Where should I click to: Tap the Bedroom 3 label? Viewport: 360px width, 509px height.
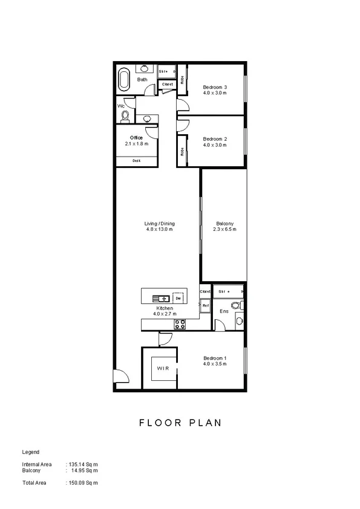214,87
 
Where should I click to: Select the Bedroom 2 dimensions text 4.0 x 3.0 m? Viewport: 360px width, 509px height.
214,144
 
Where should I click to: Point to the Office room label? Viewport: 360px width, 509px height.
136,138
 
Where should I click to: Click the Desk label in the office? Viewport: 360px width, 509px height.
137,161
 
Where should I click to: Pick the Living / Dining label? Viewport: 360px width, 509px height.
160,224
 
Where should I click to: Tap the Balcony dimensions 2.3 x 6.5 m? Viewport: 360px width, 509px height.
224,230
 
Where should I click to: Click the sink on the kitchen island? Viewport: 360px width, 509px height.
162,298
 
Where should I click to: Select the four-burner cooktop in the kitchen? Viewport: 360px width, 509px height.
180,324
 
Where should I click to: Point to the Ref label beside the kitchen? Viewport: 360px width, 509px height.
206,306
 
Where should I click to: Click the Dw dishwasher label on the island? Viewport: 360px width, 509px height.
177,298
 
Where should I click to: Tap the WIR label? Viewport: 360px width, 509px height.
162,368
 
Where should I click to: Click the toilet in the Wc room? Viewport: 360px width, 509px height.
126,115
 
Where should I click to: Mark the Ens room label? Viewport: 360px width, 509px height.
223,311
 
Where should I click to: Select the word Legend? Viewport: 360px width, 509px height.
31,452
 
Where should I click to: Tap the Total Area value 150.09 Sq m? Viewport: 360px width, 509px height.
83,483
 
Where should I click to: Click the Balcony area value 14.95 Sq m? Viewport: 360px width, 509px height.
83,470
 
